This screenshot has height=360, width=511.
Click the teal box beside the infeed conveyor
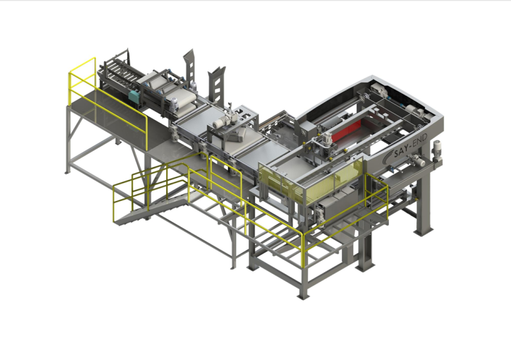(134, 96)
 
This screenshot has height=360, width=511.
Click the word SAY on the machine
(402, 152)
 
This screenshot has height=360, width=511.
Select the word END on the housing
(420, 142)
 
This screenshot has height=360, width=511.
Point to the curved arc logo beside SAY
(388, 157)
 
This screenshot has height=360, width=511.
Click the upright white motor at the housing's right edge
(436, 150)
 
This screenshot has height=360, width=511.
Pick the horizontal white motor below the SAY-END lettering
(417, 161)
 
